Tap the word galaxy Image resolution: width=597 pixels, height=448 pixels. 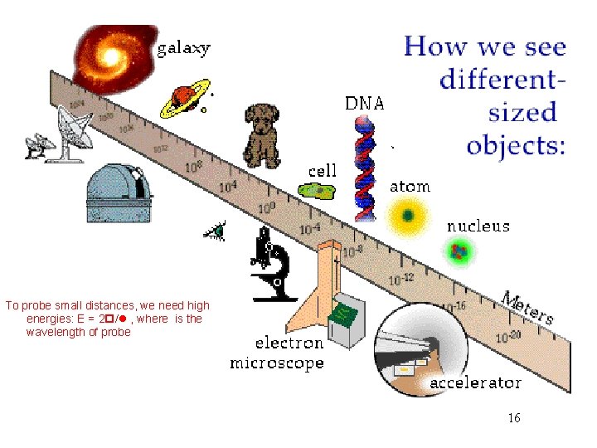[x=184, y=48]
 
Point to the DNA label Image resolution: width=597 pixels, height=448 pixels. [x=365, y=104]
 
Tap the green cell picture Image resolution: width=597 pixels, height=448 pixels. [x=317, y=192]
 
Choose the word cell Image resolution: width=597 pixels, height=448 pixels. [x=323, y=171]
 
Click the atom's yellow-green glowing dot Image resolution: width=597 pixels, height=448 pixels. [x=408, y=217]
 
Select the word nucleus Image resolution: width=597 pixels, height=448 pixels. [x=478, y=226]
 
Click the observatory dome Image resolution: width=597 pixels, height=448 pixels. [x=120, y=191]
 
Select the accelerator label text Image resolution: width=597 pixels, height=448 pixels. [x=475, y=382]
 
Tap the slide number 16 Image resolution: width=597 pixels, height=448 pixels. [x=514, y=418]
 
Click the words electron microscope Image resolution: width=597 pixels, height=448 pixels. [x=277, y=353]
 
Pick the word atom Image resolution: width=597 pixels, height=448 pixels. [x=410, y=187]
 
